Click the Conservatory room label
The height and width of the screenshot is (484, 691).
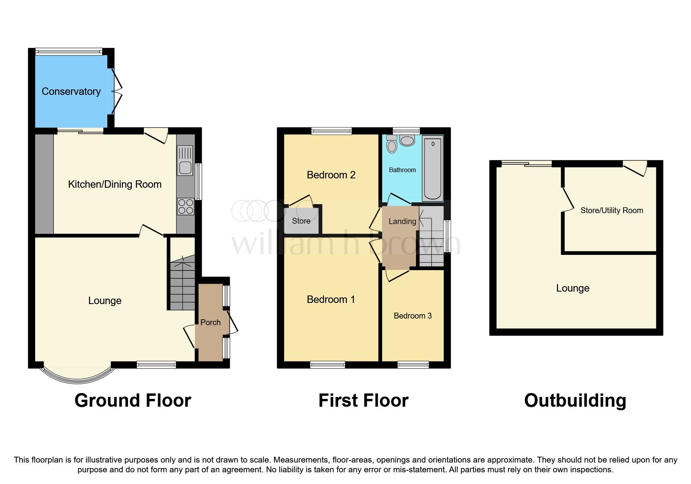point(71,91)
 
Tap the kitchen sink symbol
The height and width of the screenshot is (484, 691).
point(185,160)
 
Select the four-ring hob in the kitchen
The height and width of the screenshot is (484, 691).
point(186,206)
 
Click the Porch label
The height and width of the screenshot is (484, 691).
point(210,322)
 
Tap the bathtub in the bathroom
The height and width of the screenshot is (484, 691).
point(432,168)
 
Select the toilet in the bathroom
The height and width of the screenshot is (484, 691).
point(391,144)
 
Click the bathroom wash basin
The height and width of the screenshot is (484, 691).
point(407,141)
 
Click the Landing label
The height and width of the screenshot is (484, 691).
point(402,221)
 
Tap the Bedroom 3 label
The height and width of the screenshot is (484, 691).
point(412,316)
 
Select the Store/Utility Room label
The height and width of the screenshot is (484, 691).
point(611,210)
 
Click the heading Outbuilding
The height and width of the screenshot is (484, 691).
point(575,400)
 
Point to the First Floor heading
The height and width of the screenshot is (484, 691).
point(363,400)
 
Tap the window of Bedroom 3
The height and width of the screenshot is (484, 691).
point(413,365)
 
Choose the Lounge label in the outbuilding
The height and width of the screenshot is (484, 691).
point(572,288)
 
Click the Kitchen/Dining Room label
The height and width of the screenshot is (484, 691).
point(115,184)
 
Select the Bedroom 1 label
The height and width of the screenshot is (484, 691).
point(331,299)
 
